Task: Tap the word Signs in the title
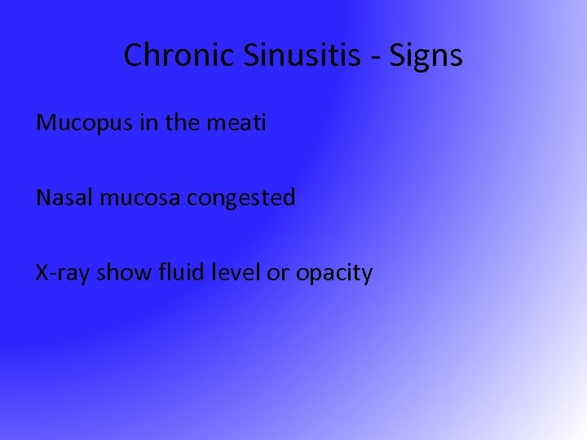pyautogui.click(x=426, y=55)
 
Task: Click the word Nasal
pyautogui.click(x=65, y=197)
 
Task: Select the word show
pyautogui.click(x=122, y=272)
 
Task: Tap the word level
pyautogui.click(x=236, y=272)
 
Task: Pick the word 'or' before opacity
pyautogui.click(x=278, y=273)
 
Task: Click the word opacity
pyautogui.click(x=334, y=274)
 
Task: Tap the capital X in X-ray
pyautogui.click(x=42, y=272)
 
